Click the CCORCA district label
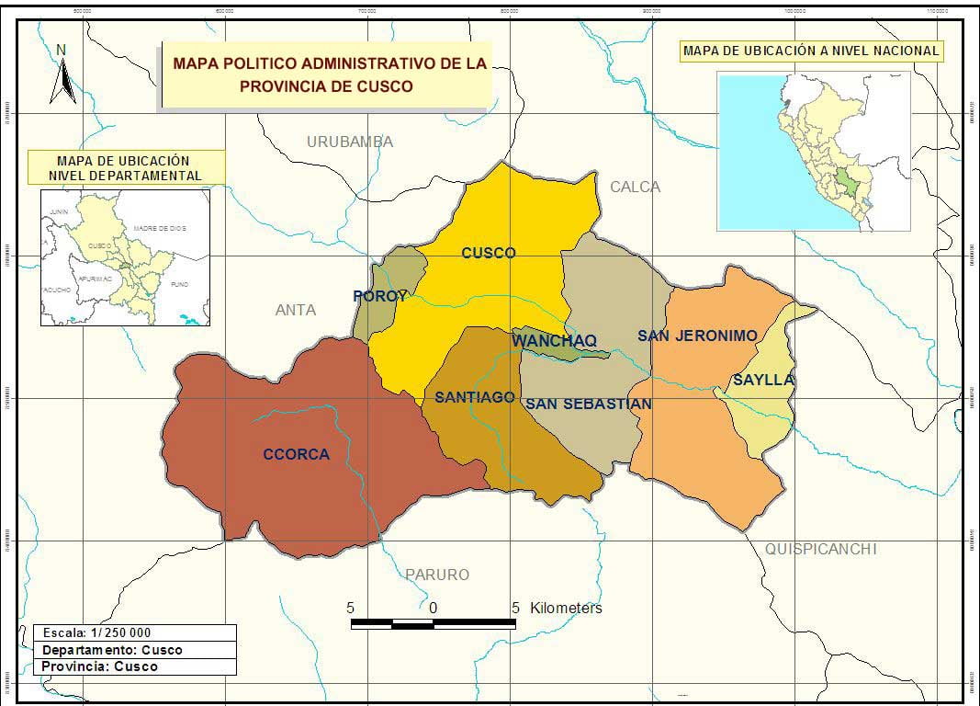296,454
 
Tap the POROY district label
379,296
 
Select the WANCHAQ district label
554,341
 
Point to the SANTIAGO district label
474,397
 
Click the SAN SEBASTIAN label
588,404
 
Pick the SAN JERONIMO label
697,336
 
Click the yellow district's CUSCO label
489,253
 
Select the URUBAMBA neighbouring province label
350,142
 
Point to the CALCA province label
635,187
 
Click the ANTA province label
296,310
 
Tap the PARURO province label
437,575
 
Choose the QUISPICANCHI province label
821,549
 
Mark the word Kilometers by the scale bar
566,608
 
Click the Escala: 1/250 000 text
97,632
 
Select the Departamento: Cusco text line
112,650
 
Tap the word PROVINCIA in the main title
280,86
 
